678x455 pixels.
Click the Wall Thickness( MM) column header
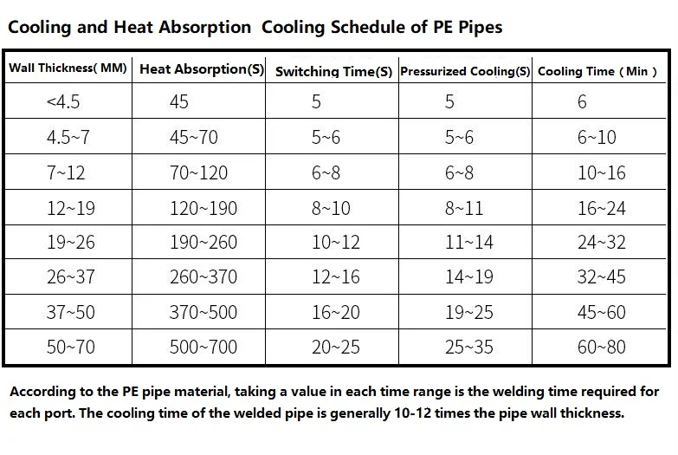click(68, 68)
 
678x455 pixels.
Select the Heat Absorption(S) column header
click(202, 69)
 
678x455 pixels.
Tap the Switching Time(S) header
click(334, 71)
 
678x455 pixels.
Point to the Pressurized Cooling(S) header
click(465, 71)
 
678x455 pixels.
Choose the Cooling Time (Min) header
click(597, 71)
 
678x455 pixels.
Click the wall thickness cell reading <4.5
click(63, 101)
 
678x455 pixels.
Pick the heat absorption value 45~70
click(194, 137)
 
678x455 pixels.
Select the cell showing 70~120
click(198, 172)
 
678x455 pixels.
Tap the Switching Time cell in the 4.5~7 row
click(326, 137)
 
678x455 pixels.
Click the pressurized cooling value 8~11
click(464, 208)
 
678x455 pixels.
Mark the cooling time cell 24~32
click(602, 242)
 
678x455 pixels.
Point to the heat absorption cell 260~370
click(203, 276)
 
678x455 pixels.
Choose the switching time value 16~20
click(336, 312)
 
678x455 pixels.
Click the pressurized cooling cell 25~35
click(469, 347)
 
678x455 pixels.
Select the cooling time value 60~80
click(602, 347)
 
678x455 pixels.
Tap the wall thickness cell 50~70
click(71, 347)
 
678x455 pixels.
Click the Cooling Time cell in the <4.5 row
click(582, 101)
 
